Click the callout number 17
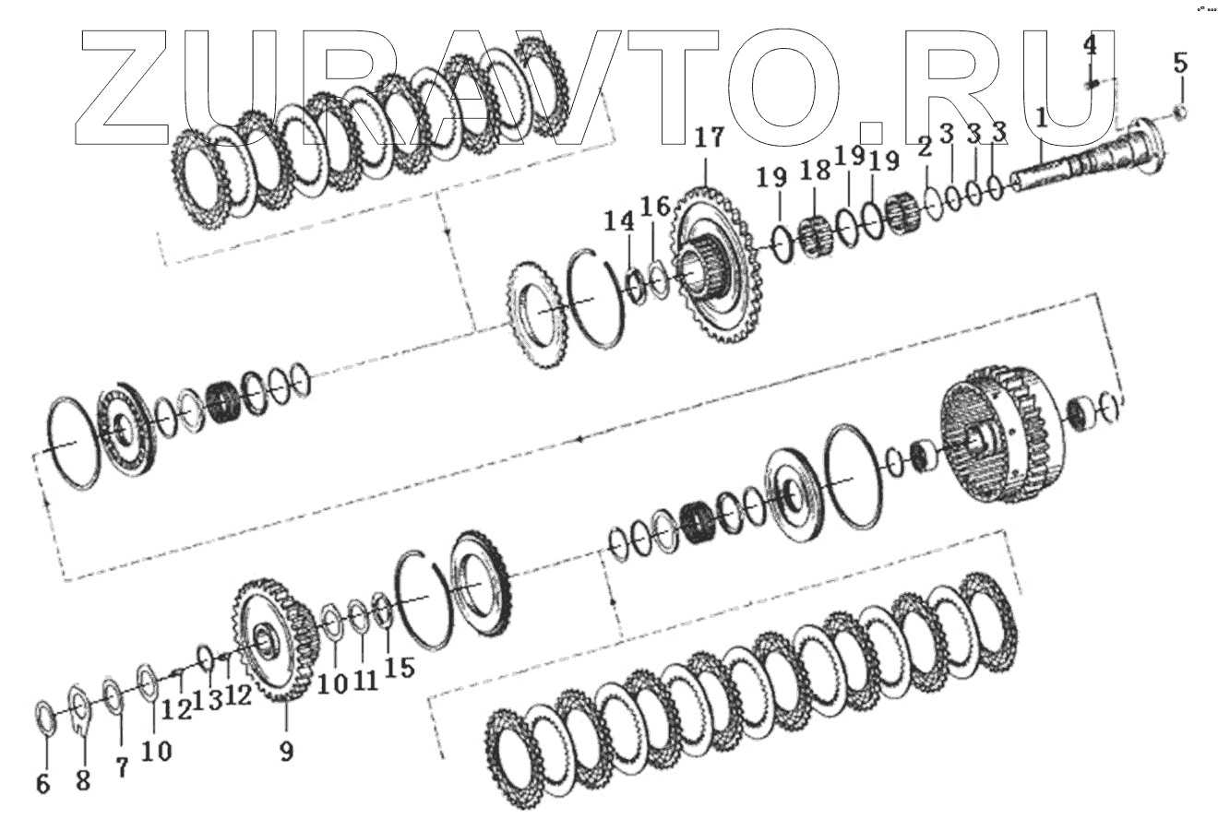(x=709, y=138)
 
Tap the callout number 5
(x=1180, y=63)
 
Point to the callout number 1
(x=1041, y=118)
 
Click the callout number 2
(x=925, y=148)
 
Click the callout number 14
(x=619, y=221)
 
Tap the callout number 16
(x=655, y=208)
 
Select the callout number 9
(x=286, y=751)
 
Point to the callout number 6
(x=43, y=785)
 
